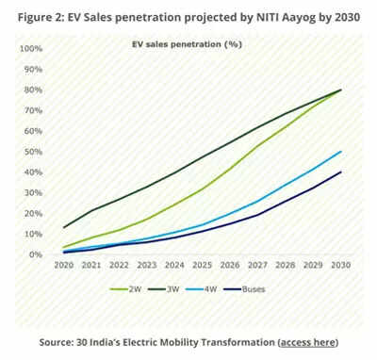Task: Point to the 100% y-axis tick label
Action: tap(30, 49)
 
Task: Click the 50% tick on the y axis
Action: tap(32, 152)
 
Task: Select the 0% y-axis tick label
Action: tap(35, 254)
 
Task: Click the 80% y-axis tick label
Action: tap(32, 90)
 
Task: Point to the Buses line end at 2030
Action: tap(339, 172)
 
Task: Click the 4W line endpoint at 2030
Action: tap(339, 152)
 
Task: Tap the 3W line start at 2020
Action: tap(63, 227)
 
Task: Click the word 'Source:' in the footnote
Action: tap(61, 340)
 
